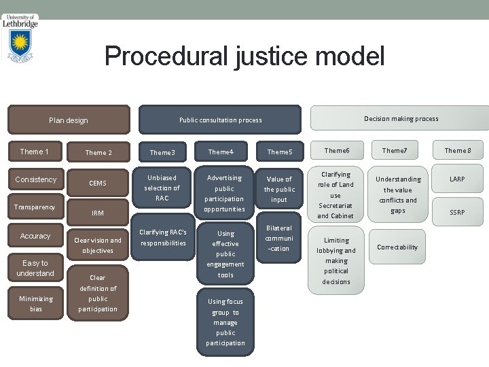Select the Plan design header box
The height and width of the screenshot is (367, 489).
point(69,120)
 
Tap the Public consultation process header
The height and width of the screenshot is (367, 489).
point(220,120)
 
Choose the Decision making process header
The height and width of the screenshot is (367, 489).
point(401,119)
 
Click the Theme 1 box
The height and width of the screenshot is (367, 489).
point(35,152)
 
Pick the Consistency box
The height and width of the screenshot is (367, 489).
point(35,179)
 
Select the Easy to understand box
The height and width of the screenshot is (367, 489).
point(35,268)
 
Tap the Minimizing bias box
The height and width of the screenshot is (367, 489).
point(35,303)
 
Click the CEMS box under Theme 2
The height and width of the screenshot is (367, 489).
point(97,182)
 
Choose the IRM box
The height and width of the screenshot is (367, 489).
point(97,213)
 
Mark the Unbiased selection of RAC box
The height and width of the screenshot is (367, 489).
point(162,188)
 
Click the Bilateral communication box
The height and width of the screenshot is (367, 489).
point(279,239)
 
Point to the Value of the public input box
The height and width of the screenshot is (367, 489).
point(279,190)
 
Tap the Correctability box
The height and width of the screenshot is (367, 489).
point(397,247)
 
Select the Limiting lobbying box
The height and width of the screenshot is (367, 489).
point(336,260)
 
